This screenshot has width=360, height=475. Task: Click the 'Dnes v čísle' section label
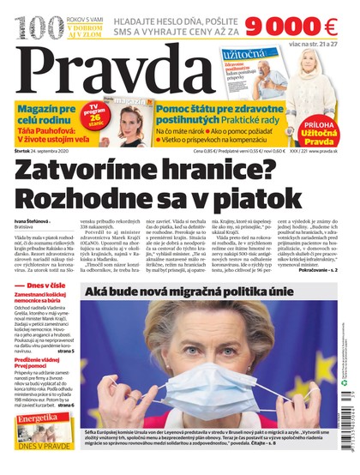[x=45, y=307]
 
